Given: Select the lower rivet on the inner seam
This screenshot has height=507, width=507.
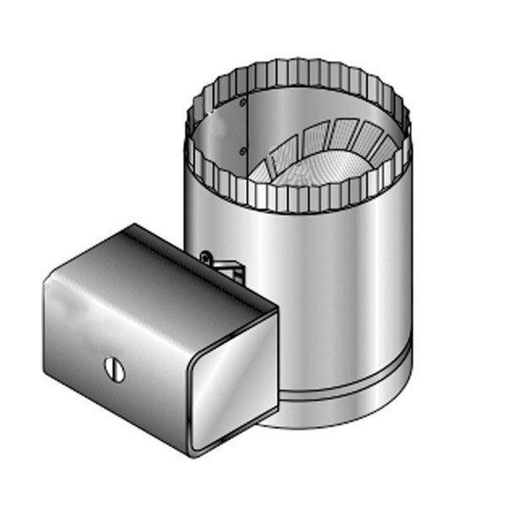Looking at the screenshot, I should [x=243, y=150].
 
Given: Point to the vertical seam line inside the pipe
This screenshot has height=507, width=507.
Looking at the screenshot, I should [x=246, y=132].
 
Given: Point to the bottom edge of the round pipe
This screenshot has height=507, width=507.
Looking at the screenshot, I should [x=345, y=421].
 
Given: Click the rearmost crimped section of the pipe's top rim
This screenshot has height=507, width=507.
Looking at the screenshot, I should [x=299, y=68].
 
